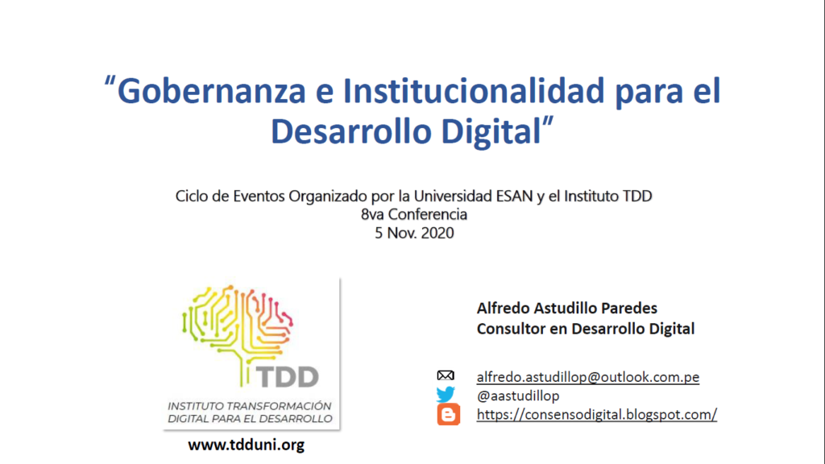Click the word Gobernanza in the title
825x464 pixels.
pyautogui.click(x=211, y=90)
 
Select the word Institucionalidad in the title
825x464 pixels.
pyautogui.click(x=474, y=90)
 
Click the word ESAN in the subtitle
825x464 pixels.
pyautogui.click(x=515, y=197)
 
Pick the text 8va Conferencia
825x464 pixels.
pyautogui.click(x=414, y=214)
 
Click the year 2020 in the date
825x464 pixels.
pyautogui.click(x=437, y=233)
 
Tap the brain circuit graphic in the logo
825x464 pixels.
pyautogui.click(x=238, y=331)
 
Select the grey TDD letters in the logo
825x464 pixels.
pyautogui.click(x=288, y=377)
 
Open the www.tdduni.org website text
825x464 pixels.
pyautogui.click(x=247, y=445)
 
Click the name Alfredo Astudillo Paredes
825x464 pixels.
pyautogui.click(x=567, y=309)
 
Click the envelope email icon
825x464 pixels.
pyautogui.click(x=446, y=375)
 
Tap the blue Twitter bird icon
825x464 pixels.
pyautogui.click(x=446, y=395)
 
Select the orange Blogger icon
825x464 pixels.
pyautogui.click(x=448, y=415)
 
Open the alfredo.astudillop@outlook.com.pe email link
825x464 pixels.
pyautogui.click(x=587, y=377)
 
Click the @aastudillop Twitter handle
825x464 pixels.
pyautogui.click(x=518, y=396)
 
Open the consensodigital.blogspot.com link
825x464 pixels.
pyautogui.click(x=597, y=415)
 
